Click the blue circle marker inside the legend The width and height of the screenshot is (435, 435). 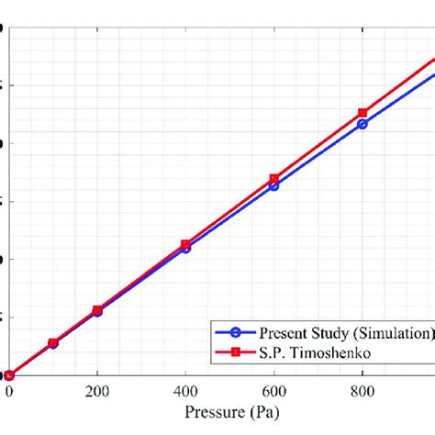[236, 332]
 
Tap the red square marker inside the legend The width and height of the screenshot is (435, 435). [236, 351]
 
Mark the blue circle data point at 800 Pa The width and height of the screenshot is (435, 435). [362, 123]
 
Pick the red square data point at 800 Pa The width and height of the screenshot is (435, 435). [362, 112]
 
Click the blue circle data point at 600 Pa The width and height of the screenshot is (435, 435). [274, 185]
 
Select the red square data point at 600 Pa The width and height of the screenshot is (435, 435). [274, 178]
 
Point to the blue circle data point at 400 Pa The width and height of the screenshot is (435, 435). [185, 248]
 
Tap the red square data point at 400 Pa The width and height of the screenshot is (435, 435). [185, 244]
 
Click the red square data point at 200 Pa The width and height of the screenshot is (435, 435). [97, 310]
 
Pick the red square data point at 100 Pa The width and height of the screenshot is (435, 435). [53, 342]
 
